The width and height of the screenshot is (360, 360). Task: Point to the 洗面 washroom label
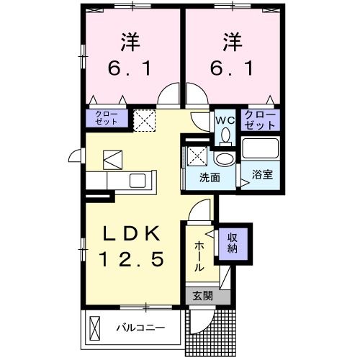(x=210, y=178)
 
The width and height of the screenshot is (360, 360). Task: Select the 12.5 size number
(x=129, y=257)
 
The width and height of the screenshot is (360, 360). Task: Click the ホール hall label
(x=198, y=256)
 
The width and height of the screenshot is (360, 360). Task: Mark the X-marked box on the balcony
(x=95, y=328)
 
